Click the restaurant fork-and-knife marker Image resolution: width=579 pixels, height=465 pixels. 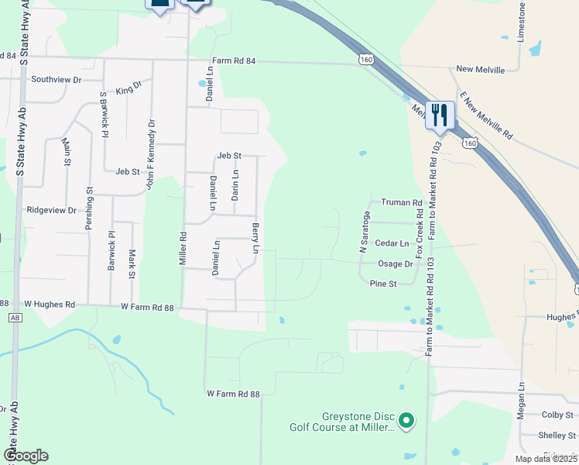pyautogui.click(x=440, y=115)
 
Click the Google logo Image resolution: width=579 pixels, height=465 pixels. pyautogui.click(x=26, y=456)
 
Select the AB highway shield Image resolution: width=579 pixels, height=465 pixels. pyautogui.click(x=15, y=317)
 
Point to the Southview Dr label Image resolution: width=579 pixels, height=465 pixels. pyautogui.click(x=56, y=80)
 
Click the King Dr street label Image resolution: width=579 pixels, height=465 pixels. pyautogui.click(x=128, y=90)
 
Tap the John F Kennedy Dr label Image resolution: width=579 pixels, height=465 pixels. pyautogui.click(x=150, y=153)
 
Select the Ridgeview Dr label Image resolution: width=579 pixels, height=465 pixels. pyautogui.click(x=52, y=210)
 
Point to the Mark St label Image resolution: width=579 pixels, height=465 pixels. pyautogui.click(x=132, y=263)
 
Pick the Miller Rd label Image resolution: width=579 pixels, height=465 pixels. pyautogui.click(x=183, y=247)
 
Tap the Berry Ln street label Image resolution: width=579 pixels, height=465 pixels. pyautogui.click(x=255, y=239)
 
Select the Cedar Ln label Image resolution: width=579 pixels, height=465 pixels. pyautogui.click(x=391, y=243)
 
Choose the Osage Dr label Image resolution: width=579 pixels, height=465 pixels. pyautogui.click(x=395, y=263)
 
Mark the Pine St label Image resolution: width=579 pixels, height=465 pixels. pyautogui.click(x=383, y=284)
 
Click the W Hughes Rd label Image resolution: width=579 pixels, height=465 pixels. pyautogui.click(x=50, y=305)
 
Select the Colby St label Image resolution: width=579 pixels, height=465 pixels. pyautogui.click(x=557, y=415)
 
